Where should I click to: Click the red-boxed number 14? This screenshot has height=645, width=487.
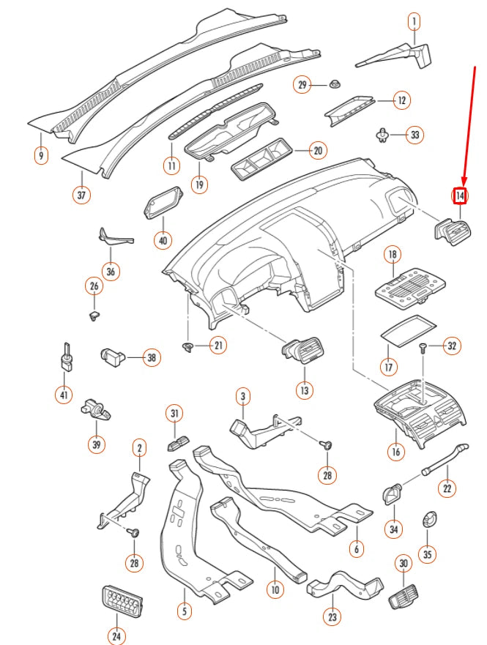coord(460,196)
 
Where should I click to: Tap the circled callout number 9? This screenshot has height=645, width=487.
coord(40,155)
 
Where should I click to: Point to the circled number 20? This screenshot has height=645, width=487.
coord(316,151)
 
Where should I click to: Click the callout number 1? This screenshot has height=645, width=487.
coord(414,21)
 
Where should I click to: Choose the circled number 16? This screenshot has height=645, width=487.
coord(395,452)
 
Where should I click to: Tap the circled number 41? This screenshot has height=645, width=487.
coord(64,395)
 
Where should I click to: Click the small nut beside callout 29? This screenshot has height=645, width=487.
coord(335,85)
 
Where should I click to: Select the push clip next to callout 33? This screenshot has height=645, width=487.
coord(382,133)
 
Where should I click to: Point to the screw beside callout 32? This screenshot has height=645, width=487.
coord(424,348)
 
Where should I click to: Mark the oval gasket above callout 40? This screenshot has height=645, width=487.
coord(163,202)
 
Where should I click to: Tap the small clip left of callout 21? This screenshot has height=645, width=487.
coord(187,345)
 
